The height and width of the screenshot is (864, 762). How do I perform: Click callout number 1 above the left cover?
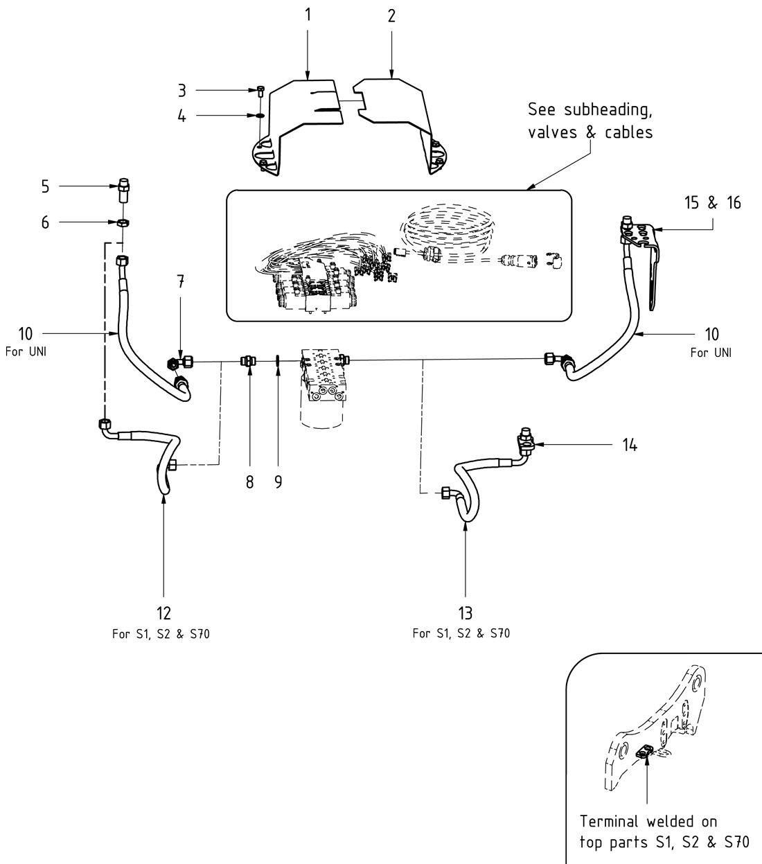pos(308,15)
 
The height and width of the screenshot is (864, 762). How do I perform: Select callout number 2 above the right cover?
pos(391,15)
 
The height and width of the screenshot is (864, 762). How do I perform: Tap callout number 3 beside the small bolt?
pos(181,90)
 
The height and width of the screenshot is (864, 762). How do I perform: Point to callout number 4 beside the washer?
pos(181,116)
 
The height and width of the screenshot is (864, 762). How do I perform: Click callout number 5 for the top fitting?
pos(45,186)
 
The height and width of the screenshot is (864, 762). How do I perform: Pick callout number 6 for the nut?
pos(45,222)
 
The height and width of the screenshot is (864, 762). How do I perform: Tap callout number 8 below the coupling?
pos(250,482)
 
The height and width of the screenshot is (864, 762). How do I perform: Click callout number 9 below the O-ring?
pos(278,482)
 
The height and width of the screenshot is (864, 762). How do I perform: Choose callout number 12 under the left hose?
pos(163,612)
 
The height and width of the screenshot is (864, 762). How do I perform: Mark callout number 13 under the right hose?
pos(465,612)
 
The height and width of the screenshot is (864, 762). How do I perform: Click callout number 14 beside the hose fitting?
pos(629,444)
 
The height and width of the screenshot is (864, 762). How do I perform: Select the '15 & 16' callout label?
pos(712,202)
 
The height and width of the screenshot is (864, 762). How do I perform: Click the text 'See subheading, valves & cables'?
pos(590,121)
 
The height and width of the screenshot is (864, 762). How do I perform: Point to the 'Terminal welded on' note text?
pos(648,822)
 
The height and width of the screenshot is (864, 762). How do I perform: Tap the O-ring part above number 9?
pos(277,361)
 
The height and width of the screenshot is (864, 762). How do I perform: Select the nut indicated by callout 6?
pos(123,222)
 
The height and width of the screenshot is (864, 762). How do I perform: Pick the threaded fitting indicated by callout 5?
pos(123,188)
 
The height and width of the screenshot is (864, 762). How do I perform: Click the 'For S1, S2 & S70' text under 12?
pos(161,634)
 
